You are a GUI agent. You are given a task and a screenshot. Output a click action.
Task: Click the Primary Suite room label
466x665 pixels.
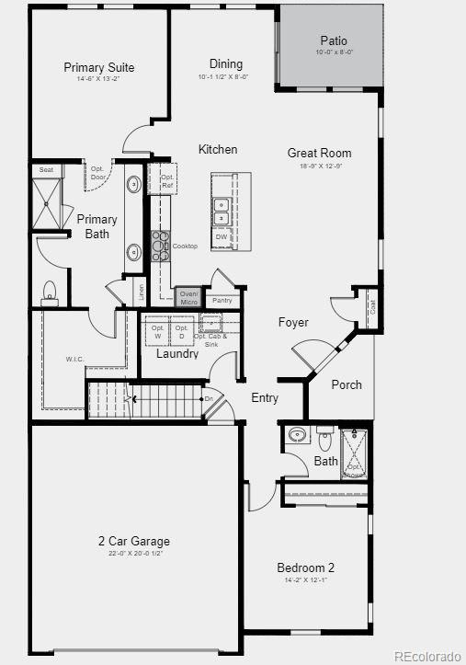click(99, 67)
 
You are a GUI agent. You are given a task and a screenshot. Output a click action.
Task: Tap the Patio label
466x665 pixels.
click(334, 40)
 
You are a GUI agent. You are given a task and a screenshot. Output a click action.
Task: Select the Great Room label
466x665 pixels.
click(319, 154)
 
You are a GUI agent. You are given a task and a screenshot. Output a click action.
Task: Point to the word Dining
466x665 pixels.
click(225, 64)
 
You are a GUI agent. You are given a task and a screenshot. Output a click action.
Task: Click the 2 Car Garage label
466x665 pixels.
click(134, 541)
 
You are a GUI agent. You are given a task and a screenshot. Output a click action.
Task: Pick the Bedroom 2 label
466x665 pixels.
click(306, 568)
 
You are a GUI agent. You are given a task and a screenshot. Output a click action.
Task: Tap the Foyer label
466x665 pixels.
click(293, 323)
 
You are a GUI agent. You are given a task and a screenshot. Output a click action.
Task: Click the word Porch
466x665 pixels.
click(347, 384)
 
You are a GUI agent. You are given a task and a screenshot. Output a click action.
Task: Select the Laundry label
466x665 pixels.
click(176, 354)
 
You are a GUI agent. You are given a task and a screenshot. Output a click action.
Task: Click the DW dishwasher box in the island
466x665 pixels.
click(221, 237)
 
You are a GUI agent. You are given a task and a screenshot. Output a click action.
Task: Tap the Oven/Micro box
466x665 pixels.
click(189, 297)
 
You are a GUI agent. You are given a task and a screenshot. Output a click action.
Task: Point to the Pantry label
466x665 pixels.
click(222, 301)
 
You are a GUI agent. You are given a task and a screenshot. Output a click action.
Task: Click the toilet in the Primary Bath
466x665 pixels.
click(50, 292)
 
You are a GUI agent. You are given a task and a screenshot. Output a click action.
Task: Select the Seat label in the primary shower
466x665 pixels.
click(45, 170)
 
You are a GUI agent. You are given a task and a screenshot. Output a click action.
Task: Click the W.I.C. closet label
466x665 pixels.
click(75, 359)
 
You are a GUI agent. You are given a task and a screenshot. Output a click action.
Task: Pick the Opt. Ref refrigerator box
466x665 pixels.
click(167, 181)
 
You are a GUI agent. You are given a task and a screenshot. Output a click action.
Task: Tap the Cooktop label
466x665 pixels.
click(185, 247)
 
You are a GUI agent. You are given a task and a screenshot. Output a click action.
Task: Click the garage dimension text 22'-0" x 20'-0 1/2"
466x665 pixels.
click(134, 554)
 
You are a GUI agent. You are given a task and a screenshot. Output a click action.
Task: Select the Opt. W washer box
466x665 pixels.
click(157, 332)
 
